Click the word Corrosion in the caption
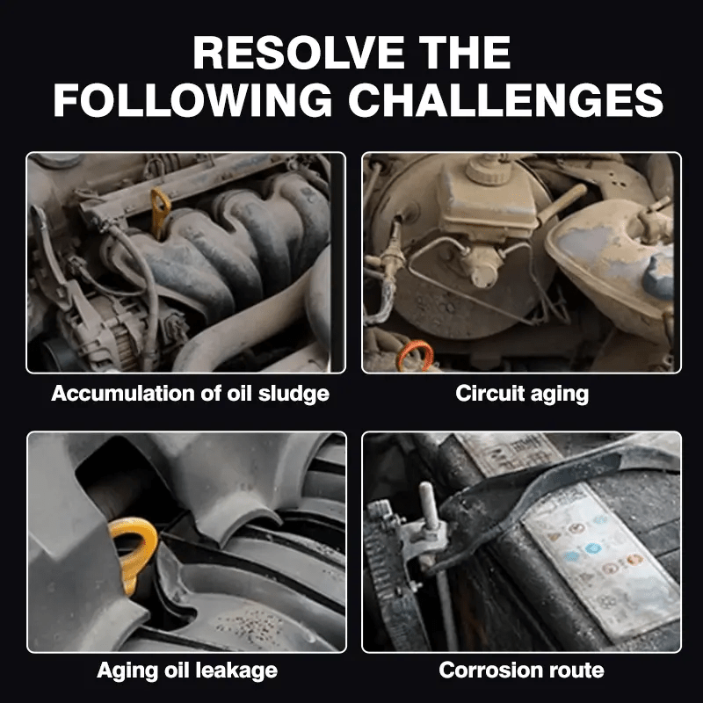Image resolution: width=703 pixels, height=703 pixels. coord(488,670)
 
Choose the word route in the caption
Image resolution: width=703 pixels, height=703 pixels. coord(574,670)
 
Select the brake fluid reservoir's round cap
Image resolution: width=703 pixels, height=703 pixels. coord(487,168)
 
